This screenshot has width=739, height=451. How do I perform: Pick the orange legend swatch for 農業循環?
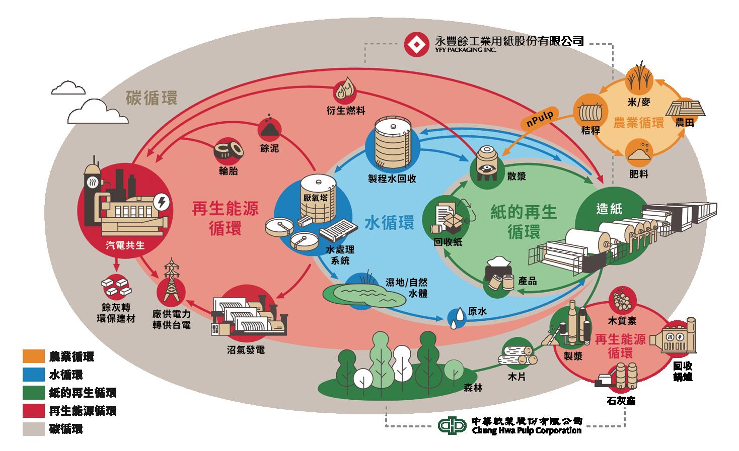point(34,356)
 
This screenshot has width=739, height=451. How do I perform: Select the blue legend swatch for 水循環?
point(34,375)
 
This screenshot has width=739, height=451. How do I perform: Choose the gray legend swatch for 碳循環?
point(34,428)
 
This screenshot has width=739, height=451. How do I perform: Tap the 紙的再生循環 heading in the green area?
point(524,222)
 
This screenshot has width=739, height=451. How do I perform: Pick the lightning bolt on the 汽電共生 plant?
point(162,203)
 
